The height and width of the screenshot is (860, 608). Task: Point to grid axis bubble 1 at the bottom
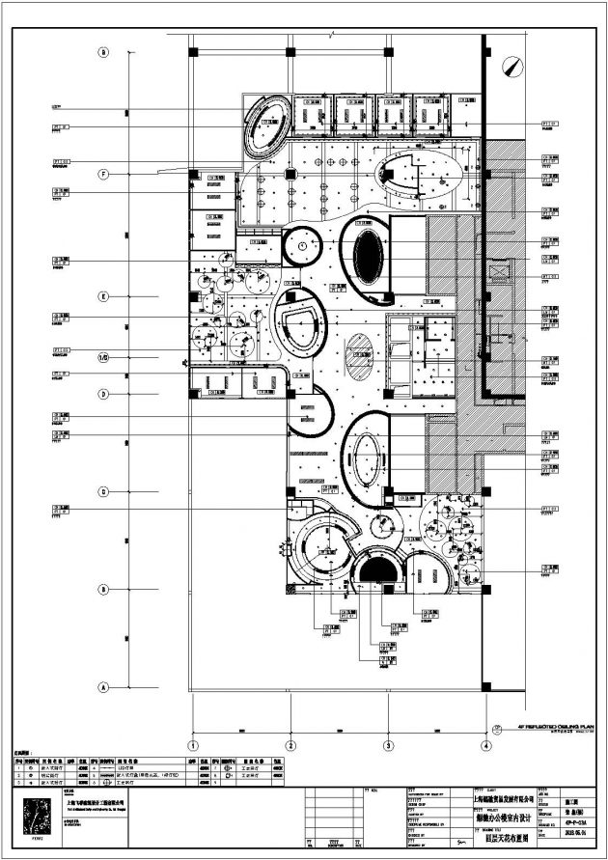tap(193, 745)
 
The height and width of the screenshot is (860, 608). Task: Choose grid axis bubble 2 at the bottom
tap(290, 745)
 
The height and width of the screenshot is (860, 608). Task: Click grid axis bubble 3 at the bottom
tap(387, 745)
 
